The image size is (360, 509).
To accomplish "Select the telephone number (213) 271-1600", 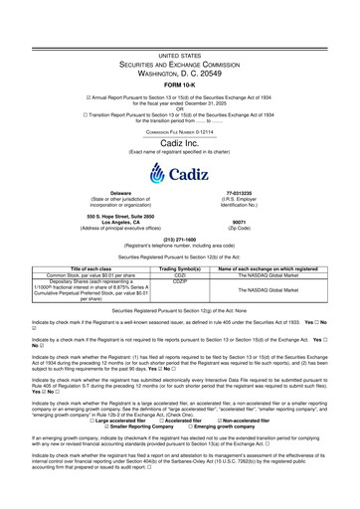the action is [179, 265].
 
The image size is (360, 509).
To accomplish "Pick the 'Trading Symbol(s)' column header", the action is [180, 296].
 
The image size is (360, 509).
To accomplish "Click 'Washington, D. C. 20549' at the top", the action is [179, 44].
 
